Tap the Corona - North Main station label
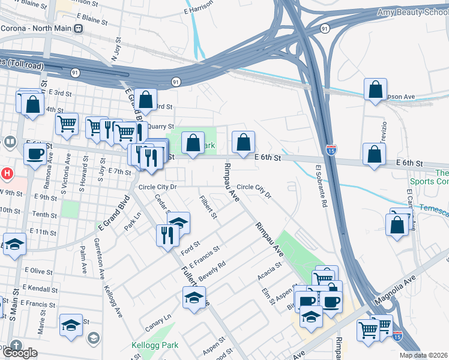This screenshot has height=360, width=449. [x=36, y=28]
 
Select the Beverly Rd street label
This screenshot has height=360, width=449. [x=212, y=271]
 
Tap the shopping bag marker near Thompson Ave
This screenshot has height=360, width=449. [x=375, y=90]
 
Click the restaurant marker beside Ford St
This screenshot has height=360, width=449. [x=166, y=235]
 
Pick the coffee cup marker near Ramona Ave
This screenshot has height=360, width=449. [x=35, y=153]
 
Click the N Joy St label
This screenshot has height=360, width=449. [x=116, y=50]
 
